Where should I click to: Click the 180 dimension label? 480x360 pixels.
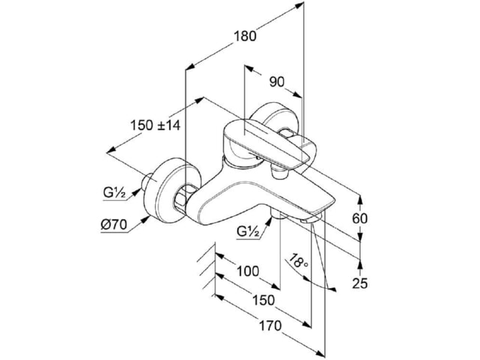click(x=245, y=37)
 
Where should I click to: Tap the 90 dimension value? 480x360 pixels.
click(x=277, y=82)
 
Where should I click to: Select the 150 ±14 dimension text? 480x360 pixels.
click(x=155, y=125)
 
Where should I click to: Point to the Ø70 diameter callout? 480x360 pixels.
click(x=114, y=225)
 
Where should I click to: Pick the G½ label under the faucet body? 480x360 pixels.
click(x=248, y=232)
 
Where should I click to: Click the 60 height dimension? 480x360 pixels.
click(x=359, y=218)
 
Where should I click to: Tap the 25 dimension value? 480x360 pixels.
click(x=359, y=283)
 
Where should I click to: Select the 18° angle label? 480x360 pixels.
click(x=298, y=261)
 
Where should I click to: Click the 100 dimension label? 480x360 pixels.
click(x=248, y=271)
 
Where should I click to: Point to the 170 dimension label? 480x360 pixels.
click(x=270, y=325)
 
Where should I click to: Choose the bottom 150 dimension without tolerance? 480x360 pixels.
click(x=263, y=301)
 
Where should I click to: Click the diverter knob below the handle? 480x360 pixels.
click(x=280, y=174)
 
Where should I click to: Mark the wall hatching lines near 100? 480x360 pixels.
click(x=205, y=269)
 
